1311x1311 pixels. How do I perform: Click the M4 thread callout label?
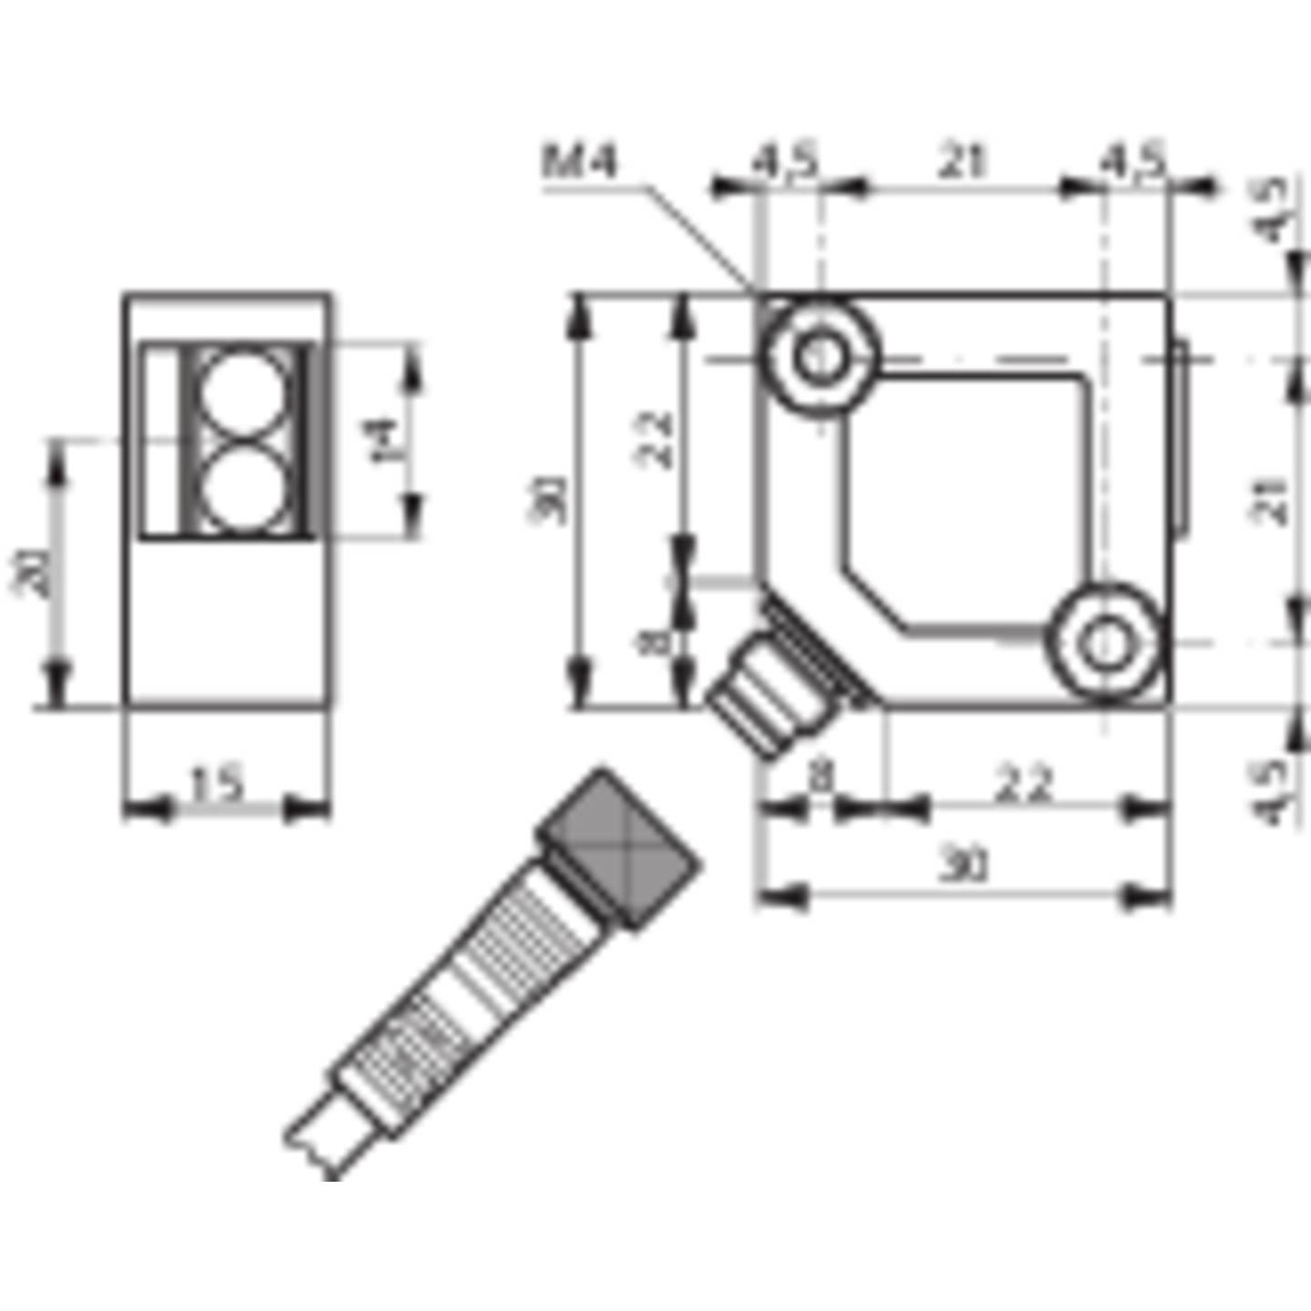click(580, 162)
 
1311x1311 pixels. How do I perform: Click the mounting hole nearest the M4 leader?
click(821, 355)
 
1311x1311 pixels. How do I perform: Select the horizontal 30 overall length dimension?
click(963, 865)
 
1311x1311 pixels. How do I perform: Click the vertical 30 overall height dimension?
click(550, 500)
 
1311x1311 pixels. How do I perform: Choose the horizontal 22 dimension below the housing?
click(1024, 785)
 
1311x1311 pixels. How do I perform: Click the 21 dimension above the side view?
click(962, 162)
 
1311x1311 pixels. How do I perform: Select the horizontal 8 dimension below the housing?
click(820, 778)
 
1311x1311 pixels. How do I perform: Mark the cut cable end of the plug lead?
click(314, 1147)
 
